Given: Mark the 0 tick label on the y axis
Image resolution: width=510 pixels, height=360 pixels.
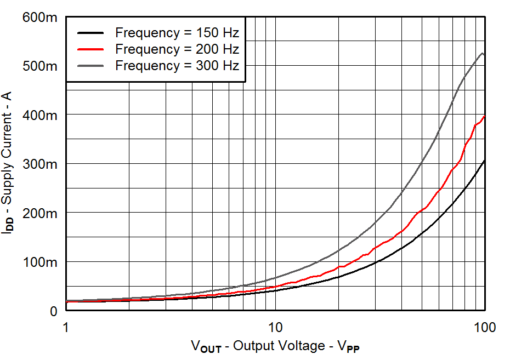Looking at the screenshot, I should [53, 311].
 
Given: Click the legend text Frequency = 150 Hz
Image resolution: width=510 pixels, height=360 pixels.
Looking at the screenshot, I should [177, 32].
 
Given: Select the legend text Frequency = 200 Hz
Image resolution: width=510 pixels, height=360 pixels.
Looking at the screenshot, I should [177, 49].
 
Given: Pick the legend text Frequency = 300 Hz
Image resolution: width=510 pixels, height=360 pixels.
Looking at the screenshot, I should [177, 66].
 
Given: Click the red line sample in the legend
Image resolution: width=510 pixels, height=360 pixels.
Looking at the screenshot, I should [90, 49].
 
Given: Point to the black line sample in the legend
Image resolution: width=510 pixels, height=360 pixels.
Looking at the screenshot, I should [90, 32].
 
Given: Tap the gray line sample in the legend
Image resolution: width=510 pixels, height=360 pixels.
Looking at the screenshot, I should [90, 66].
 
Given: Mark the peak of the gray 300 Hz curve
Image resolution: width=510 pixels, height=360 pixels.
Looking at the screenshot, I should [482, 53].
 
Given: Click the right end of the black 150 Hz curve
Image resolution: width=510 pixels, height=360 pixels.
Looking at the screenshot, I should [484, 161].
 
